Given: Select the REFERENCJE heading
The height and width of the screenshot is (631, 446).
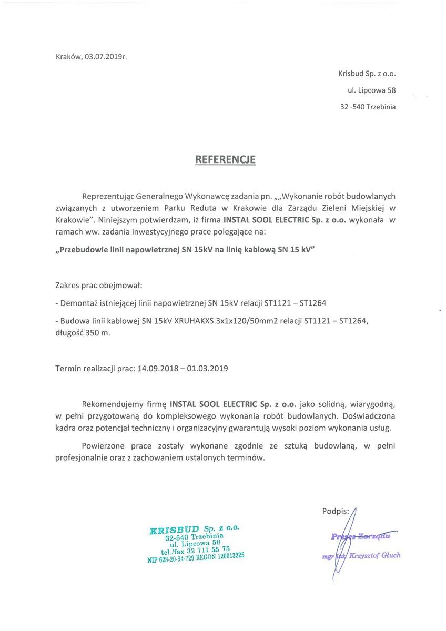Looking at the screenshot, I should click(x=226, y=159).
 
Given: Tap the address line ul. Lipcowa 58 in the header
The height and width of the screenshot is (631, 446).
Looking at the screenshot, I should click(x=374, y=90).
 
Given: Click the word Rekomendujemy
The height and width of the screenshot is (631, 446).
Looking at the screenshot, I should click(x=112, y=404).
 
